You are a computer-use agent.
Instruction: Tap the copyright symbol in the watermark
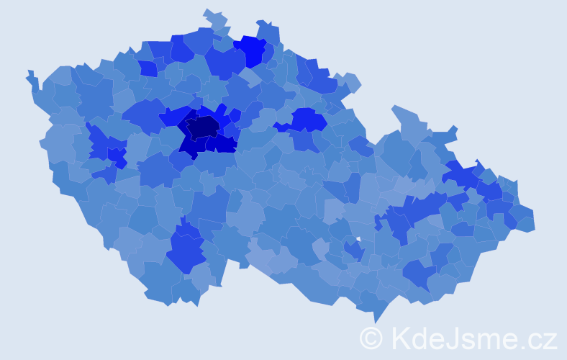point(371,337)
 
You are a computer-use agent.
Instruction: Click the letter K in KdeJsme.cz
point(402,337)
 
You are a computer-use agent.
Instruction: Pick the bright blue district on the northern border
point(252,50)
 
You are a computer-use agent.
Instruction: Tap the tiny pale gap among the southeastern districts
point(358,238)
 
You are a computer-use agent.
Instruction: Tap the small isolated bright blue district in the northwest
point(148,68)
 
